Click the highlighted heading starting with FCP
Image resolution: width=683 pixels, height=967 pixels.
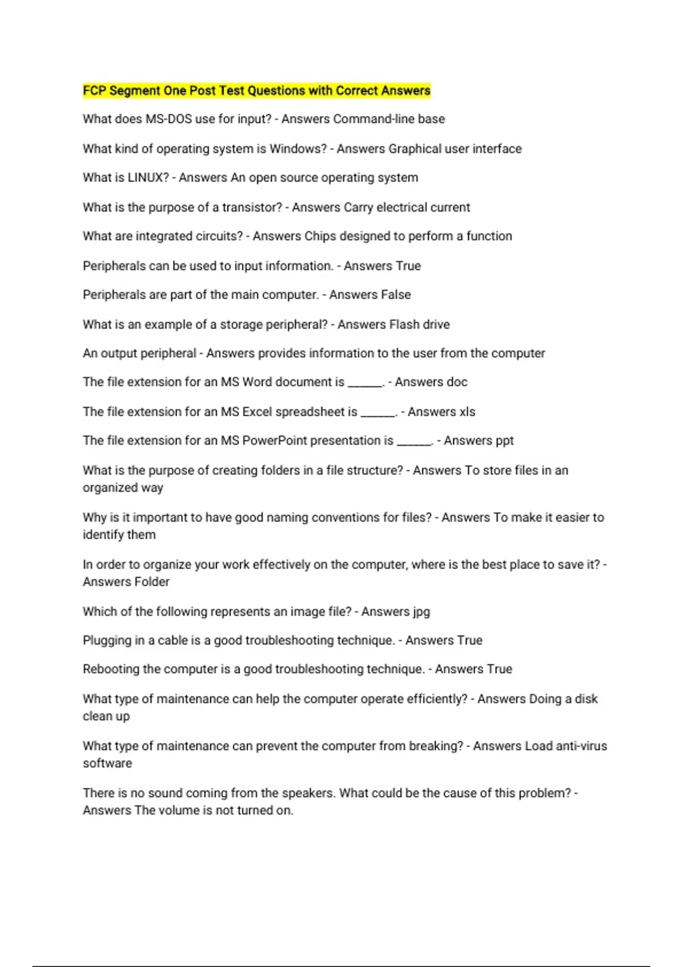pos(256,90)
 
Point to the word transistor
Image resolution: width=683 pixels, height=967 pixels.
pos(252,207)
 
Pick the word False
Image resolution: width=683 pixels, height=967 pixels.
pos(397,295)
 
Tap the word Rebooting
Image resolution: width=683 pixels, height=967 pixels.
pos(111,669)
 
